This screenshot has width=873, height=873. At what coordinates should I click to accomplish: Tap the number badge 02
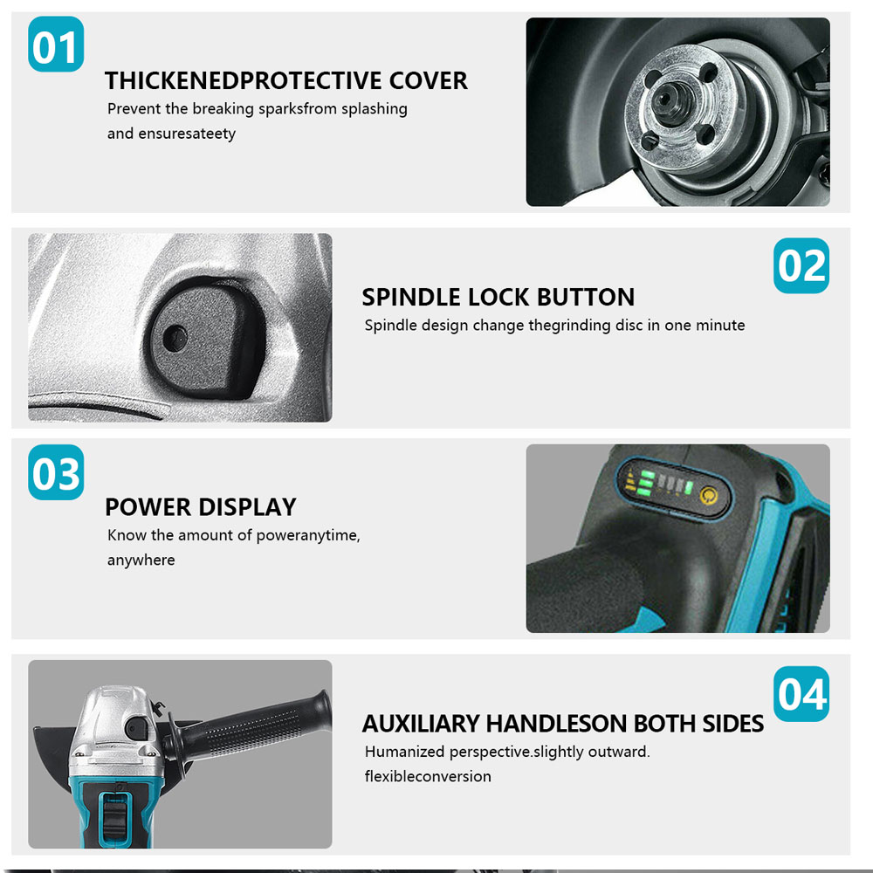click(801, 265)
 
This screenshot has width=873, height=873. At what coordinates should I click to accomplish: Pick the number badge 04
click(801, 694)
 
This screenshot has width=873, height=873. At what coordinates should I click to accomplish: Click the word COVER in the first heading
click(428, 80)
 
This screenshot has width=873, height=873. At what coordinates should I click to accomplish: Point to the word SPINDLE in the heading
click(411, 297)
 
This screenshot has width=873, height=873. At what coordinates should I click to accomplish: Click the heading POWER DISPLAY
click(201, 507)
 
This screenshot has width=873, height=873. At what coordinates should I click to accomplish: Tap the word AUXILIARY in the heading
click(421, 724)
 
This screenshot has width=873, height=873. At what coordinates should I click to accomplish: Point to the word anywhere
click(141, 560)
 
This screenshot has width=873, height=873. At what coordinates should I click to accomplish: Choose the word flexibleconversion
click(428, 776)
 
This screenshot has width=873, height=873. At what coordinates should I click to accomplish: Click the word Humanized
click(403, 752)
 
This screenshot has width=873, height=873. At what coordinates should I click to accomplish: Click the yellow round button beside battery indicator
click(708, 494)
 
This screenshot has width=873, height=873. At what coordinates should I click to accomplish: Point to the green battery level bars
click(647, 483)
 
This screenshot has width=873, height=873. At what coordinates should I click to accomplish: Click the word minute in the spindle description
click(720, 325)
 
